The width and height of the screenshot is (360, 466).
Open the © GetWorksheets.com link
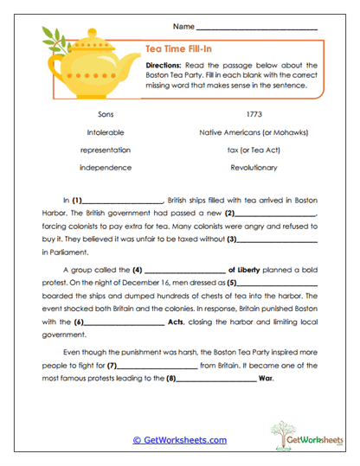pyautogui.click(x=179, y=440)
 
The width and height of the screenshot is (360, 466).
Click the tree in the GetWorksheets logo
pyautogui.click(x=282, y=431)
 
